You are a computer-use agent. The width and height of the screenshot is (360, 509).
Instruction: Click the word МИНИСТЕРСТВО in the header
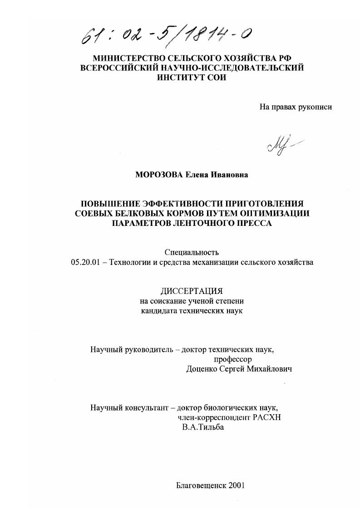pos(130,59)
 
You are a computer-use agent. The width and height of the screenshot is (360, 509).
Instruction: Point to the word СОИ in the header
pos(215,78)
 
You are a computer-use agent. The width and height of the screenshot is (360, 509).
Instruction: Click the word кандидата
pos(160,311)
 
